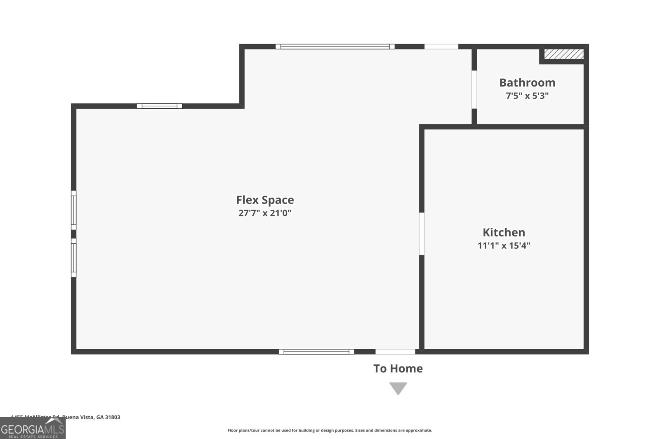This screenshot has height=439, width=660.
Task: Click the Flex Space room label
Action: click(265, 200)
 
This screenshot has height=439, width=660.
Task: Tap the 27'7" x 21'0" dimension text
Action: click(265, 213)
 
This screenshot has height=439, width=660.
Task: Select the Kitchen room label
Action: click(504, 232)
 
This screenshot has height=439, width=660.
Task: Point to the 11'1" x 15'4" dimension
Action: click(504, 246)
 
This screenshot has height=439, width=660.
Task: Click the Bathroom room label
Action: click(527, 83)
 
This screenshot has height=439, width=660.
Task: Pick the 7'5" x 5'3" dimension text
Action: click(527, 96)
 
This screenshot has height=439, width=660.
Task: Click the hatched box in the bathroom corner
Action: click(563, 54)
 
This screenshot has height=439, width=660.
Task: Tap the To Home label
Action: click(398, 369)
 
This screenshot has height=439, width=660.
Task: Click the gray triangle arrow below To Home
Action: click(398, 388)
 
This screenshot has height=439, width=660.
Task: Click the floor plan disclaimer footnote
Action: click(330, 430)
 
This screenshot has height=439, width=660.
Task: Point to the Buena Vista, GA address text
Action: click(66, 417)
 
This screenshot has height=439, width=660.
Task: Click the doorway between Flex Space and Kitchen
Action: click(422, 234)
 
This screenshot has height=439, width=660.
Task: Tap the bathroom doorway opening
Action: click(474, 89)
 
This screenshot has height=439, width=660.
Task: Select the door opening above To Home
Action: click(395, 352)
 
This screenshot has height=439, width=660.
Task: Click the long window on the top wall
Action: click(335, 47)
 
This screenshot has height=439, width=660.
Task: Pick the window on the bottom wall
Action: click(316, 352)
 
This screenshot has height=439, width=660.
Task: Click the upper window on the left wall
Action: click(74, 210)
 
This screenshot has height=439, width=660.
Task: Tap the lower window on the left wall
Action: click(74, 258)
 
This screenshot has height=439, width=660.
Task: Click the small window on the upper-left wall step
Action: click(160, 106)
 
